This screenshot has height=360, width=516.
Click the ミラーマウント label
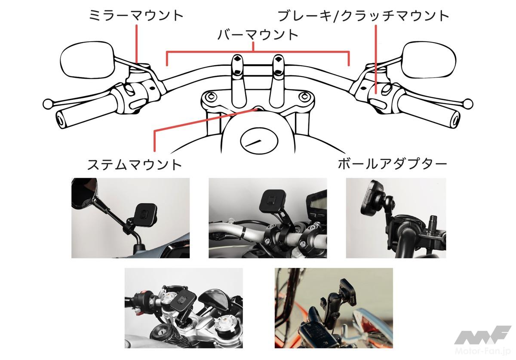[x=136, y=15]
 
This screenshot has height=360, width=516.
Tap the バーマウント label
[x=258, y=35]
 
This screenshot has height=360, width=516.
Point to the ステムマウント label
[x=135, y=165]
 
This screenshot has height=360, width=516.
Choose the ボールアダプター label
[x=392, y=165]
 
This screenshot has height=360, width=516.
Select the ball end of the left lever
[x=48, y=104]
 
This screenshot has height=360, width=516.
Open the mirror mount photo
[x=131, y=218]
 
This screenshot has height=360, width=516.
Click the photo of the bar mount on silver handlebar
[x=267, y=218]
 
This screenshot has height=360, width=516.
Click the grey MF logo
[x=482, y=335]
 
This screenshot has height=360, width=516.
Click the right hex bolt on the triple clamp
[x=305, y=95]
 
